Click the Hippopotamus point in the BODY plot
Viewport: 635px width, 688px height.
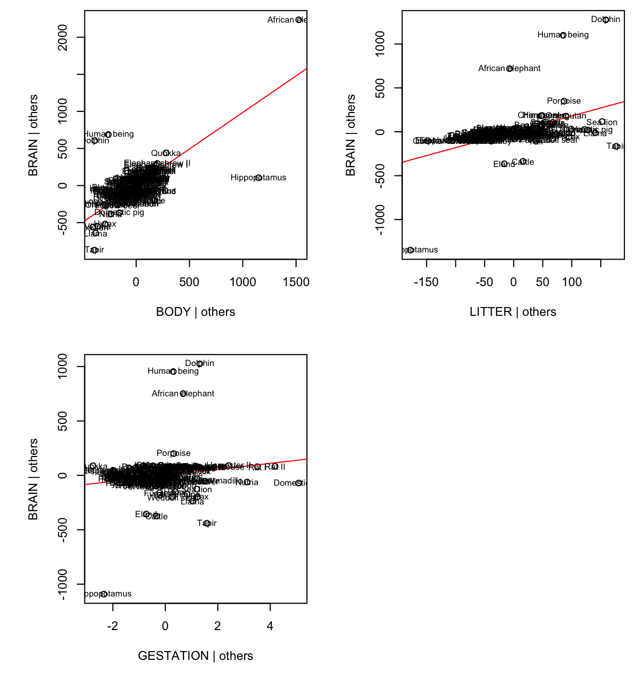[x=259, y=178]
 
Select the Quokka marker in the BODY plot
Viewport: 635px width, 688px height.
[x=166, y=153]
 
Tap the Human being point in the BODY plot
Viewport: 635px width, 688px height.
[x=109, y=135]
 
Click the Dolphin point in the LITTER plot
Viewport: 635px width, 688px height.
[x=606, y=20]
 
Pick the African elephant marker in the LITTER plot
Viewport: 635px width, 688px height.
[x=509, y=68]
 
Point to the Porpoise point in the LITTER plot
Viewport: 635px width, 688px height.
[x=564, y=101]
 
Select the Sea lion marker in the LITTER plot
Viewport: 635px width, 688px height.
[x=602, y=122]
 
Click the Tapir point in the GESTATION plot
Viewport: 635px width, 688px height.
[x=207, y=523]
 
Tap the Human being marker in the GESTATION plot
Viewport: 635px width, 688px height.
[x=173, y=372]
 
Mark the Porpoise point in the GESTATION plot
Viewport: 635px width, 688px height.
[x=174, y=454]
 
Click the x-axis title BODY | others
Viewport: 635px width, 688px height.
[x=195, y=312]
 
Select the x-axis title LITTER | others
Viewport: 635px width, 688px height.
[x=513, y=312]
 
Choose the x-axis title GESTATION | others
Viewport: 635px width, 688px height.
[x=195, y=656]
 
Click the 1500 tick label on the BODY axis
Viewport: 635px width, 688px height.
[x=296, y=282]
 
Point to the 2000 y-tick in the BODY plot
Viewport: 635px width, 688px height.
[x=64, y=37]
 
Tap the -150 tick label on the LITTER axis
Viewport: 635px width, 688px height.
[x=426, y=282]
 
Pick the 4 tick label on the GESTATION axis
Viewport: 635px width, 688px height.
[x=270, y=626]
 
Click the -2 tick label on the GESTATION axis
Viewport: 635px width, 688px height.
[x=112, y=626]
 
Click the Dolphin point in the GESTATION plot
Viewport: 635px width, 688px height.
[x=200, y=364]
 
